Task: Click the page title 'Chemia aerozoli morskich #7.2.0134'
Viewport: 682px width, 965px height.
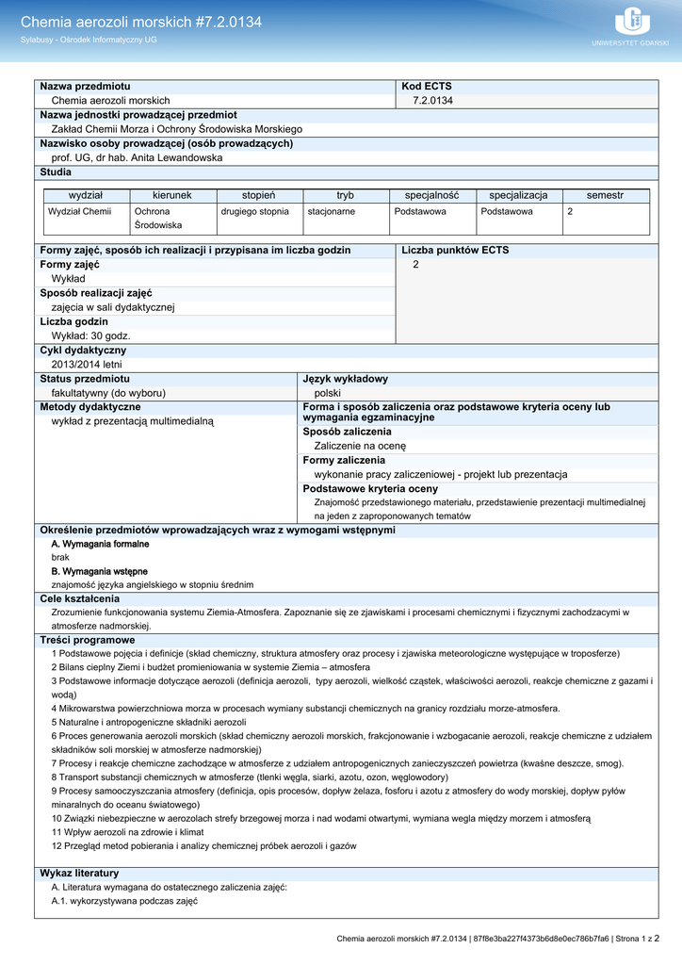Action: [x=141, y=22]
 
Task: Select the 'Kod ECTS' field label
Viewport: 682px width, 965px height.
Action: [x=427, y=86]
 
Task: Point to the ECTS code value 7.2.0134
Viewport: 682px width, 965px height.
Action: [x=433, y=101]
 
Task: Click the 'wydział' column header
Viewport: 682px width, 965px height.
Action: [x=86, y=195]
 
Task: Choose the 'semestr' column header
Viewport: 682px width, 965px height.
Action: [x=605, y=195]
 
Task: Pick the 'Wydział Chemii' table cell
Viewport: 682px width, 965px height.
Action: [x=80, y=212]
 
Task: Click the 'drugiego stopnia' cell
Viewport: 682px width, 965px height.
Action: [x=255, y=212]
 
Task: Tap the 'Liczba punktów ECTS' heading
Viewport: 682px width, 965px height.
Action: [x=455, y=251]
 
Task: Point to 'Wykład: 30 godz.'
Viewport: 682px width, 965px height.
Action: [x=91, y=335]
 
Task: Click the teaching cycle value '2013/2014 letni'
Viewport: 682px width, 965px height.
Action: [x=87, y=365]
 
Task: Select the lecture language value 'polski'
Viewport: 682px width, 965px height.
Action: [x=328, y=393]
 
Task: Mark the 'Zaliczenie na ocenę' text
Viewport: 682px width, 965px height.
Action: [x=360, y=446]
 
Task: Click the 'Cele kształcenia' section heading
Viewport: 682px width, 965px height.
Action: [x=80, y=598]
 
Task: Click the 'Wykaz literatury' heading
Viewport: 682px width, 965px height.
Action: [x=79, y=874]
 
